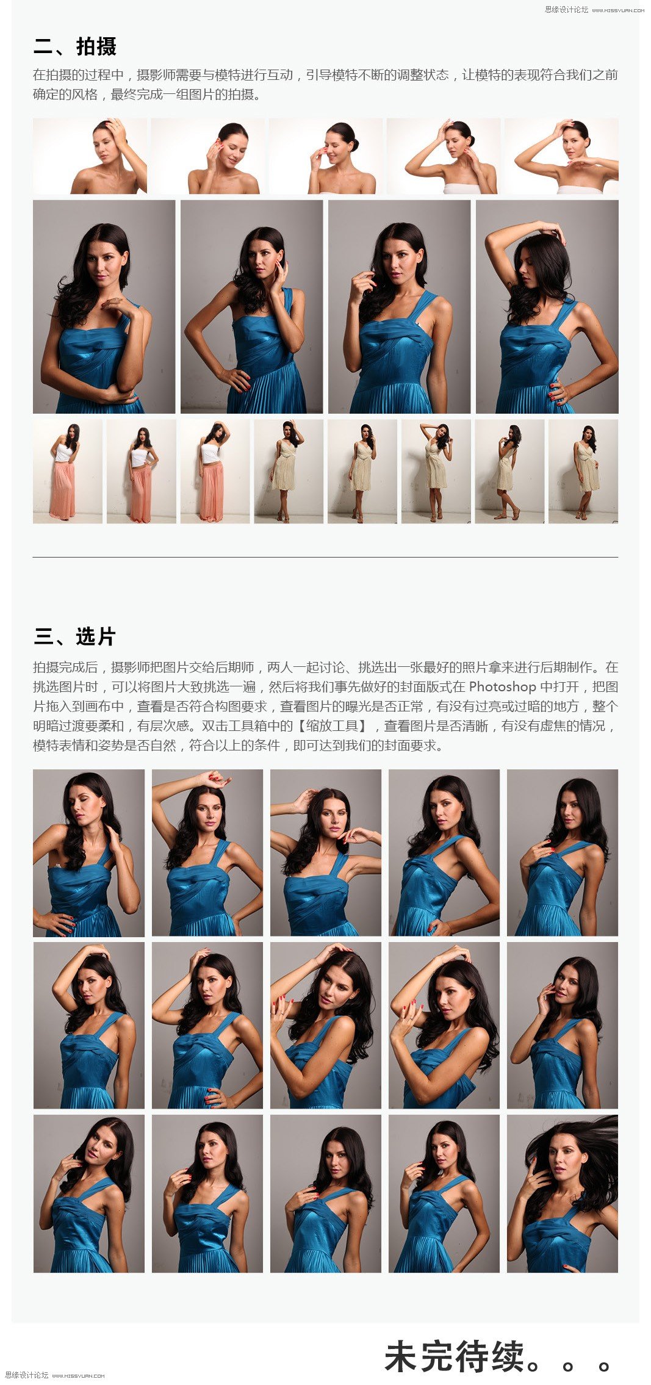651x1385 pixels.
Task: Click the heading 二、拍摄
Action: tap(74, 46)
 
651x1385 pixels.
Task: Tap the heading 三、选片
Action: tap(74, 636)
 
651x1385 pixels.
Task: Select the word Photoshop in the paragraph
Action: tap(502, 686)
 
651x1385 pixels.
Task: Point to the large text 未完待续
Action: tap(455, 1356)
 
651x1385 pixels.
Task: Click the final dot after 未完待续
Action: tap(604, 1366)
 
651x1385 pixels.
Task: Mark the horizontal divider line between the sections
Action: tap(325, 557)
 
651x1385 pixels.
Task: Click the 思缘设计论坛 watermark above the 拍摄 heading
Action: tap(567, 9)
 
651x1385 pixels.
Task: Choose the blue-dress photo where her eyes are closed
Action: tap(88, 852)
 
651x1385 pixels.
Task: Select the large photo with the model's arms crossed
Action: tap(104, 307)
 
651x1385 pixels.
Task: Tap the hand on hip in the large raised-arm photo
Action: tap(559, 392)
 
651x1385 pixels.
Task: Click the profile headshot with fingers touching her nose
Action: tap(326, 156)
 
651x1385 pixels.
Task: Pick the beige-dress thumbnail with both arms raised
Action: tap(436, 471)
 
